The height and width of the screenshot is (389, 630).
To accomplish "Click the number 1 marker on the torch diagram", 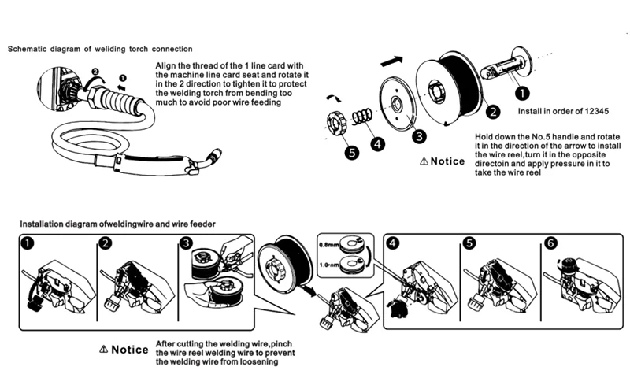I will tap(122, 78).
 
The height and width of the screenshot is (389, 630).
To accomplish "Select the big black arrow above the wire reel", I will tap(391, 59).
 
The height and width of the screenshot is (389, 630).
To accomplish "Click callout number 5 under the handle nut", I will tap(350, 152).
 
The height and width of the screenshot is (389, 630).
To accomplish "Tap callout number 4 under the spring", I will tap(378, 144).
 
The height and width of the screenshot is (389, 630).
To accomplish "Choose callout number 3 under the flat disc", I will tap(421, 135).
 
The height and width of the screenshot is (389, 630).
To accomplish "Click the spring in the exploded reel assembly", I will tap(362, 117).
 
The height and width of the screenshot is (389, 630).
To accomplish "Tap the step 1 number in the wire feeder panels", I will tap(28, 243).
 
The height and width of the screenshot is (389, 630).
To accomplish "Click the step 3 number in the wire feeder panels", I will tap(186, 243).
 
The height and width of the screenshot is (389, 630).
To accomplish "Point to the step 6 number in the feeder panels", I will tap(550, 243).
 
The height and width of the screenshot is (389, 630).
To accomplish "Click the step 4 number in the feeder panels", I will tap(393, 243).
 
